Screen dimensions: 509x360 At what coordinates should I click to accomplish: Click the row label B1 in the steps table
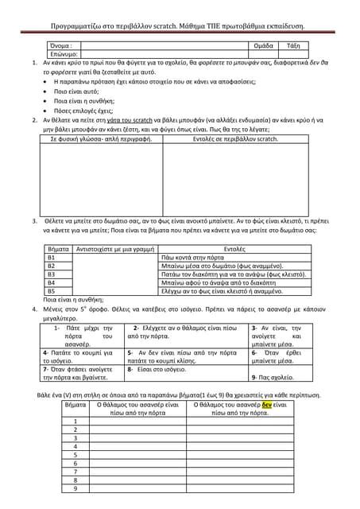[53, 258]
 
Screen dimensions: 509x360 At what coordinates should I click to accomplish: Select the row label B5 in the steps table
[53, 290]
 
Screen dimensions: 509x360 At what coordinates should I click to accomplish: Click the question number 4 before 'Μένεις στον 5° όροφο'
[33, 306]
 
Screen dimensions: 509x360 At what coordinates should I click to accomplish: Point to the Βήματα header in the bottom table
[76, 404]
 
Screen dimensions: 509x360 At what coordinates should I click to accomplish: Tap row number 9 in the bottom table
[75, 488]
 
